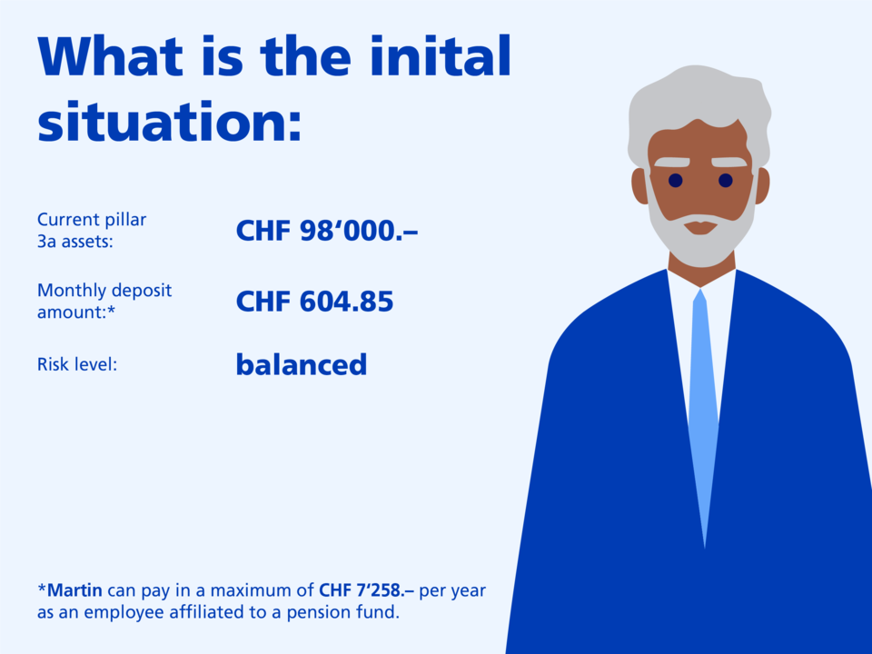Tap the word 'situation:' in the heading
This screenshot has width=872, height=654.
[169, 121]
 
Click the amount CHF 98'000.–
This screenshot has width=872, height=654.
[326, 230]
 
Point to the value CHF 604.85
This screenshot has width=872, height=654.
[314, 302]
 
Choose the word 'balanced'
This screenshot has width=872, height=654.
[302, 365]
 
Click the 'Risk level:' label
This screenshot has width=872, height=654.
[77, 364]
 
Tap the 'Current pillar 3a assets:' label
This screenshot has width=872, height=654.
[92, 230]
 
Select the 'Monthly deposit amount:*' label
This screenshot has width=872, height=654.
[104, 301]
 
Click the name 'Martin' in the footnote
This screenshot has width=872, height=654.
[75, 590]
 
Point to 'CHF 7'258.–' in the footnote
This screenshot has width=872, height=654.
[366, 590]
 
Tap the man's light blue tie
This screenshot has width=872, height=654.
[703, 418]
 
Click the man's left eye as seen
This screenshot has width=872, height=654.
[675, 180]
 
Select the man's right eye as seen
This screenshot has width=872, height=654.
[725, 180]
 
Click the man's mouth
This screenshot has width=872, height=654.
[700, 227]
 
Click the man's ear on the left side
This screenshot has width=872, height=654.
[639, 185]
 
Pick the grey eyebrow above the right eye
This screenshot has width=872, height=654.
[729, 162]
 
